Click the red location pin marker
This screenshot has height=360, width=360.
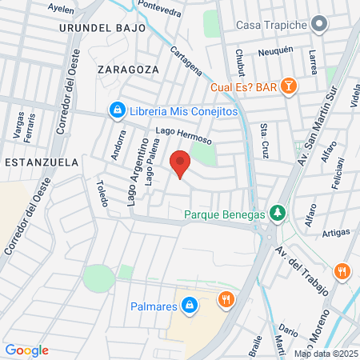pos(181,164)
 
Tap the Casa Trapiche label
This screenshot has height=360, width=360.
pos(272,25)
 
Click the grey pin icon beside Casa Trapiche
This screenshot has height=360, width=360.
pos(319,25)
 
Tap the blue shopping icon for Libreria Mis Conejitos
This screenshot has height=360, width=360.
pos(117,109)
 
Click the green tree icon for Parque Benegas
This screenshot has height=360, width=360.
pos(277,213)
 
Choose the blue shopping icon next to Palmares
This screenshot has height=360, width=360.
pos(190,305)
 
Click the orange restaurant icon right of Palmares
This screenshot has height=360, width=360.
pos(226,300)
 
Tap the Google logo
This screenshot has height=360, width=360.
pos(26,350)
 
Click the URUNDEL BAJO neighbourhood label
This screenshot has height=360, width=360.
pos(102,27)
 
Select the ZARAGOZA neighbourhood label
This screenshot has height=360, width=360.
pos(124,69)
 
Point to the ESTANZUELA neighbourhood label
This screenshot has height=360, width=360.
pos(41,162)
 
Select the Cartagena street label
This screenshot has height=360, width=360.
pos(186,62)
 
